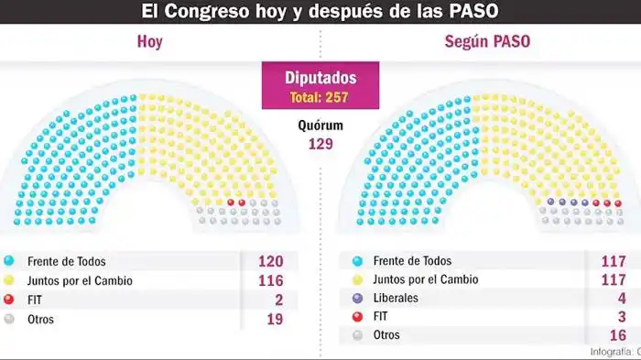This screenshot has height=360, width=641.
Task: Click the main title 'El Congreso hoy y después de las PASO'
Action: click(x=319, y=12)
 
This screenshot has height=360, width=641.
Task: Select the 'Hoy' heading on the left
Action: click(x=149, y=42)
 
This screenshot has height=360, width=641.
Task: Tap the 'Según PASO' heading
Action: click(x=487, y=42)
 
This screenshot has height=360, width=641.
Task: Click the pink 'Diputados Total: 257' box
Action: click(x=320, y=86)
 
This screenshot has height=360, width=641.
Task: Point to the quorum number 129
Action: click(x=320, y=144)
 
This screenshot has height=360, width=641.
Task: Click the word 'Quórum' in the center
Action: click(x=320, y=125)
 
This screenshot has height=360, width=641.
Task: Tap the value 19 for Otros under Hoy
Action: click(x=271, y=320)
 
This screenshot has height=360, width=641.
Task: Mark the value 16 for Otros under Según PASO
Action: click(x=617, y=335)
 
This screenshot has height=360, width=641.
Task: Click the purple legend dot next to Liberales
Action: click(x=357, y=299)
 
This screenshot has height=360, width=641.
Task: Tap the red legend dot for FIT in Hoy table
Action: click(x=9, y=300)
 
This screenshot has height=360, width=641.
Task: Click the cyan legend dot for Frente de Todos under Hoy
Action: click(x=9, y=261)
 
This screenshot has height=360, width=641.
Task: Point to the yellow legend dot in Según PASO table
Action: click(x=357, y=279)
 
